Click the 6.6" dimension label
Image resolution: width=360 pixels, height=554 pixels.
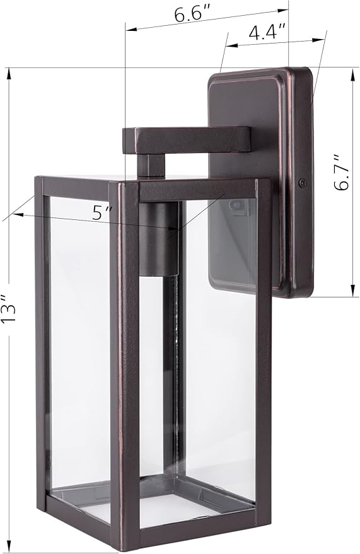[192, 15]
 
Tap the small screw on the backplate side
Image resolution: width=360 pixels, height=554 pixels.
[303, 183]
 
